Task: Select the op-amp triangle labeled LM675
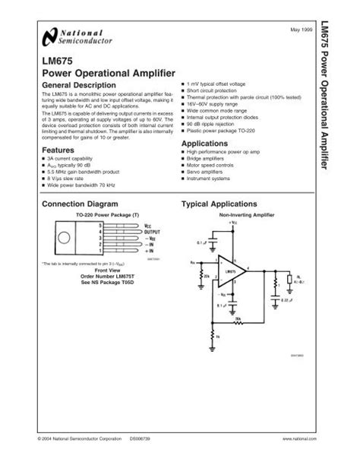pos(231,272)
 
